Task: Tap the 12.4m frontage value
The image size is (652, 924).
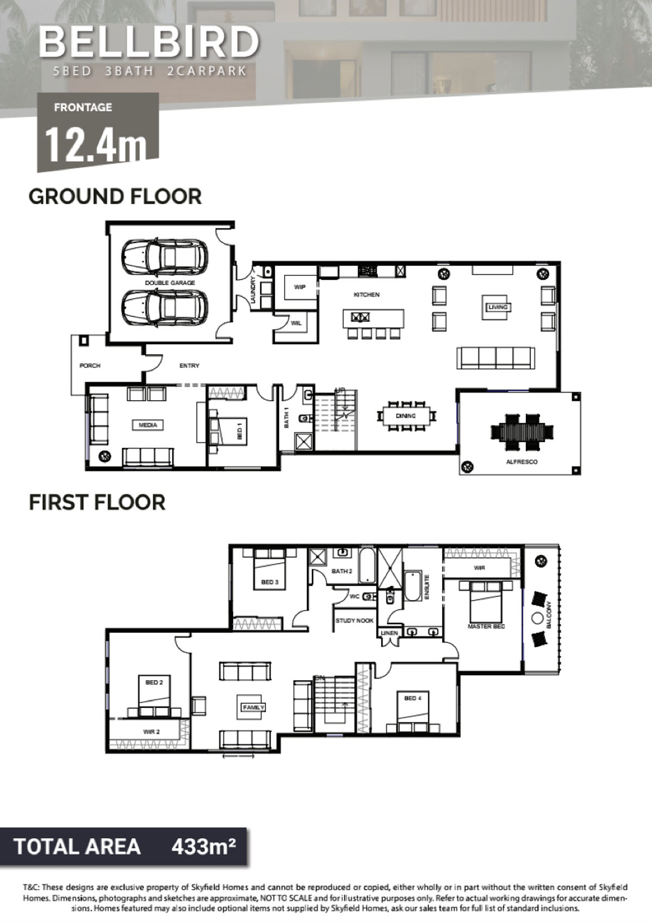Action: coord(96,145)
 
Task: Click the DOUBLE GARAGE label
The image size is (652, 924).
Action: coord(170,283)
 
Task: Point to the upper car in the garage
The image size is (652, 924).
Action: coord(164,257)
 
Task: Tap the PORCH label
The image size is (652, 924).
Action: coord(90,366)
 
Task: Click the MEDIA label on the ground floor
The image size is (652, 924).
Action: coord(148,425)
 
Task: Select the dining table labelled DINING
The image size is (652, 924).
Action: coord(406,416)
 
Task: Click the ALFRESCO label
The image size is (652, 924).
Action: coord(522,462)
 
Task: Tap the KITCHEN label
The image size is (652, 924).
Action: coord(367,294)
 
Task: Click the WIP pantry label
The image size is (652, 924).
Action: coord(299,287)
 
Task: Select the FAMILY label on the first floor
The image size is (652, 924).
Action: coord(254,707)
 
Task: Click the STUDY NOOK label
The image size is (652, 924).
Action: coord(354,620)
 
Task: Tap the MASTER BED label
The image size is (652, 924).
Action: coord(486,626)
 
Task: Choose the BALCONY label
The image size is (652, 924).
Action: coord(549,615)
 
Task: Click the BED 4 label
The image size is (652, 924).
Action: coord(412,698)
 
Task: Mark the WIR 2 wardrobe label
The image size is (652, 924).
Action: coord(152,732)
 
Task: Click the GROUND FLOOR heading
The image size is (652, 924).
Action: coord(115,196)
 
